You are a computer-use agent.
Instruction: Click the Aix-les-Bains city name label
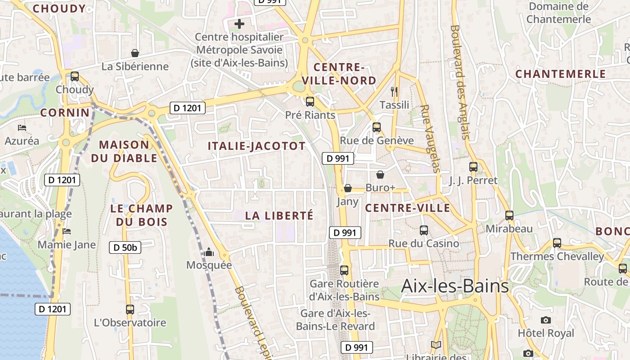click(454, 286)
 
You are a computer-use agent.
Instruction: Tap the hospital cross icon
click(239, 23)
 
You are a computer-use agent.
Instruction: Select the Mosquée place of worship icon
click(208, 252)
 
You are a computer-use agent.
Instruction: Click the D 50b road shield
click(125, 247)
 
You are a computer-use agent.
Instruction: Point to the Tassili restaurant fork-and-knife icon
click(394, 92)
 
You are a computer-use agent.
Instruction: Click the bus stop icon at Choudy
click(75, 76)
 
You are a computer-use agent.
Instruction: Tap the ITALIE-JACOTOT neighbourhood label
click(256, 146)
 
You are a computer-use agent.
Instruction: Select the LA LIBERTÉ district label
click(279, 216)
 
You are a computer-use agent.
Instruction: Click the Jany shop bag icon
click(347, 188)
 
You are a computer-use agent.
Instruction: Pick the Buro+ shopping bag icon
click(380, 175)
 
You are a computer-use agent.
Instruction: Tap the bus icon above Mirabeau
click(509, 216)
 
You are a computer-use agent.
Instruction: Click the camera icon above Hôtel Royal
click(545, 320)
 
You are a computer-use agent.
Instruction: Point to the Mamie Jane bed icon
click(67, 231)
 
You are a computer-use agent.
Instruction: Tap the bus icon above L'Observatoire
click(130, 309)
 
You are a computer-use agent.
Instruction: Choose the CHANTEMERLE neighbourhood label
click(560, 74)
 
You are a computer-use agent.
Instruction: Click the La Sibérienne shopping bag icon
click(135, 53)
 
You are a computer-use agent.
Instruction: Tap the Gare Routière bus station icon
click(344, 270)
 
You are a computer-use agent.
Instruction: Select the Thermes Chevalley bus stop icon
click(557, 243)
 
